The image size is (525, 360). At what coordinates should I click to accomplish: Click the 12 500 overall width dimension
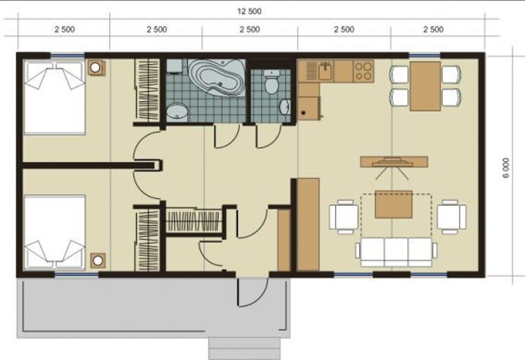coord(250,11)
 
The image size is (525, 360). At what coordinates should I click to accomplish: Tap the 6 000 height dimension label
coord(506,168)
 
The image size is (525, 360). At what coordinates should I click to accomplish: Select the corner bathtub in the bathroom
coord(217,77)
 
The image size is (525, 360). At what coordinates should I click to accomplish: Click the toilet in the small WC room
coord(272,82)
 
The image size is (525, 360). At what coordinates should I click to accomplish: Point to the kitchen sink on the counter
coord(325,71)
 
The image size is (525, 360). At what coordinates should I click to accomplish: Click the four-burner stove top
coord(363,71)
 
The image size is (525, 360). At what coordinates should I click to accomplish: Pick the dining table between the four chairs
coord(425,86)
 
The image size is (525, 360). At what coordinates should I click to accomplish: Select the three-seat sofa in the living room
coord(396,252)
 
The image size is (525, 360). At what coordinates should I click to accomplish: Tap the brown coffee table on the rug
coord(394,204)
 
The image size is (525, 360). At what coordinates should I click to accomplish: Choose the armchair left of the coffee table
coord(344,216)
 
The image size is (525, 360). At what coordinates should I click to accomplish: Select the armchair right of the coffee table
coord(452,216)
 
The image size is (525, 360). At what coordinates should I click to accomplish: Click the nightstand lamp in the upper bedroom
coord(96,68)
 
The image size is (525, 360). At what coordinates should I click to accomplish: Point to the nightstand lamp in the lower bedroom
coord(98,260)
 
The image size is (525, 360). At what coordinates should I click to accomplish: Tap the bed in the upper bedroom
coord(55,97)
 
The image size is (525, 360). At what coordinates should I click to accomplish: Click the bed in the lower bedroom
coord(55,232)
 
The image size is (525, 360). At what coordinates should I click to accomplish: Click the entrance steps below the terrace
coord(244,349)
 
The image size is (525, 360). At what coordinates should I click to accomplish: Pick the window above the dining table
coord(425,56)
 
